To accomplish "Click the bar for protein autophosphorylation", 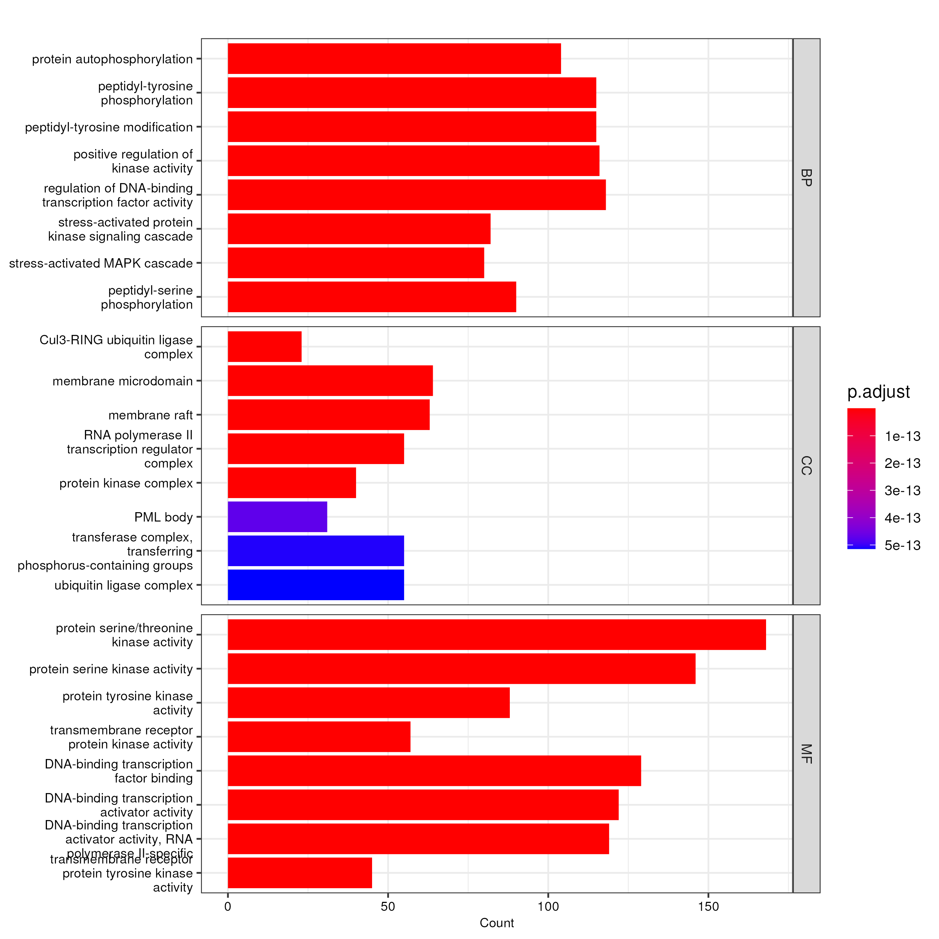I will click(394, 59).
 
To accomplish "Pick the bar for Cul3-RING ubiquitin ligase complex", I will click(264, 347).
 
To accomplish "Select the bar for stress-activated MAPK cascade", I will click(356, 263).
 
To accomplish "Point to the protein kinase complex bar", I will click(291, 483).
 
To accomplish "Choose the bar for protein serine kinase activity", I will click(461, 668).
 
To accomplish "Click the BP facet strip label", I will click(806, 178).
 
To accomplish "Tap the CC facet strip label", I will click(806, 466).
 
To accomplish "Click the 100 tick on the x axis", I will click(548, 907).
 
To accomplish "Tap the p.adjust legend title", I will click(878, 392).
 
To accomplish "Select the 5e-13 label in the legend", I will click(902, 545).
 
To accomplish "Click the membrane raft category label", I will click(150, 415).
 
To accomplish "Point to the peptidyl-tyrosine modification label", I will click(109, 127).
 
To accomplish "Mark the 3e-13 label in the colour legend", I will click(902, 491).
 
